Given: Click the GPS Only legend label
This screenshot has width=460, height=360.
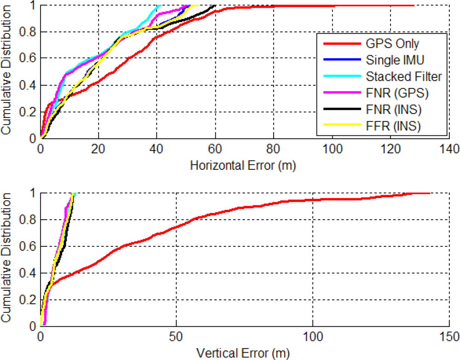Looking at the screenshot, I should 392,44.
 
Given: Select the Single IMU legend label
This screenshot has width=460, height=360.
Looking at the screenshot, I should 395,60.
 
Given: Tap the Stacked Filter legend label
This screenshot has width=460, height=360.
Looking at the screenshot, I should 403,76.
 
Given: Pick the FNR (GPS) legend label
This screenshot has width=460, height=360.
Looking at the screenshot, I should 397,93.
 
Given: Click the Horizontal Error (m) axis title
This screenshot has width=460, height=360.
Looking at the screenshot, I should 243,166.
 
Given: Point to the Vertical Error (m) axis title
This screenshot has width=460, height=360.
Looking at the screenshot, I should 243,354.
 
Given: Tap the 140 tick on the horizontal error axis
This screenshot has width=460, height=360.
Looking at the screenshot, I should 448,149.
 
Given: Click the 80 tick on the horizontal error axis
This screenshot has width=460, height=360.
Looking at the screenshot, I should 273,149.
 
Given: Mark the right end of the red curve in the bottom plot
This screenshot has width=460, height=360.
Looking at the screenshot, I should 430,193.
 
